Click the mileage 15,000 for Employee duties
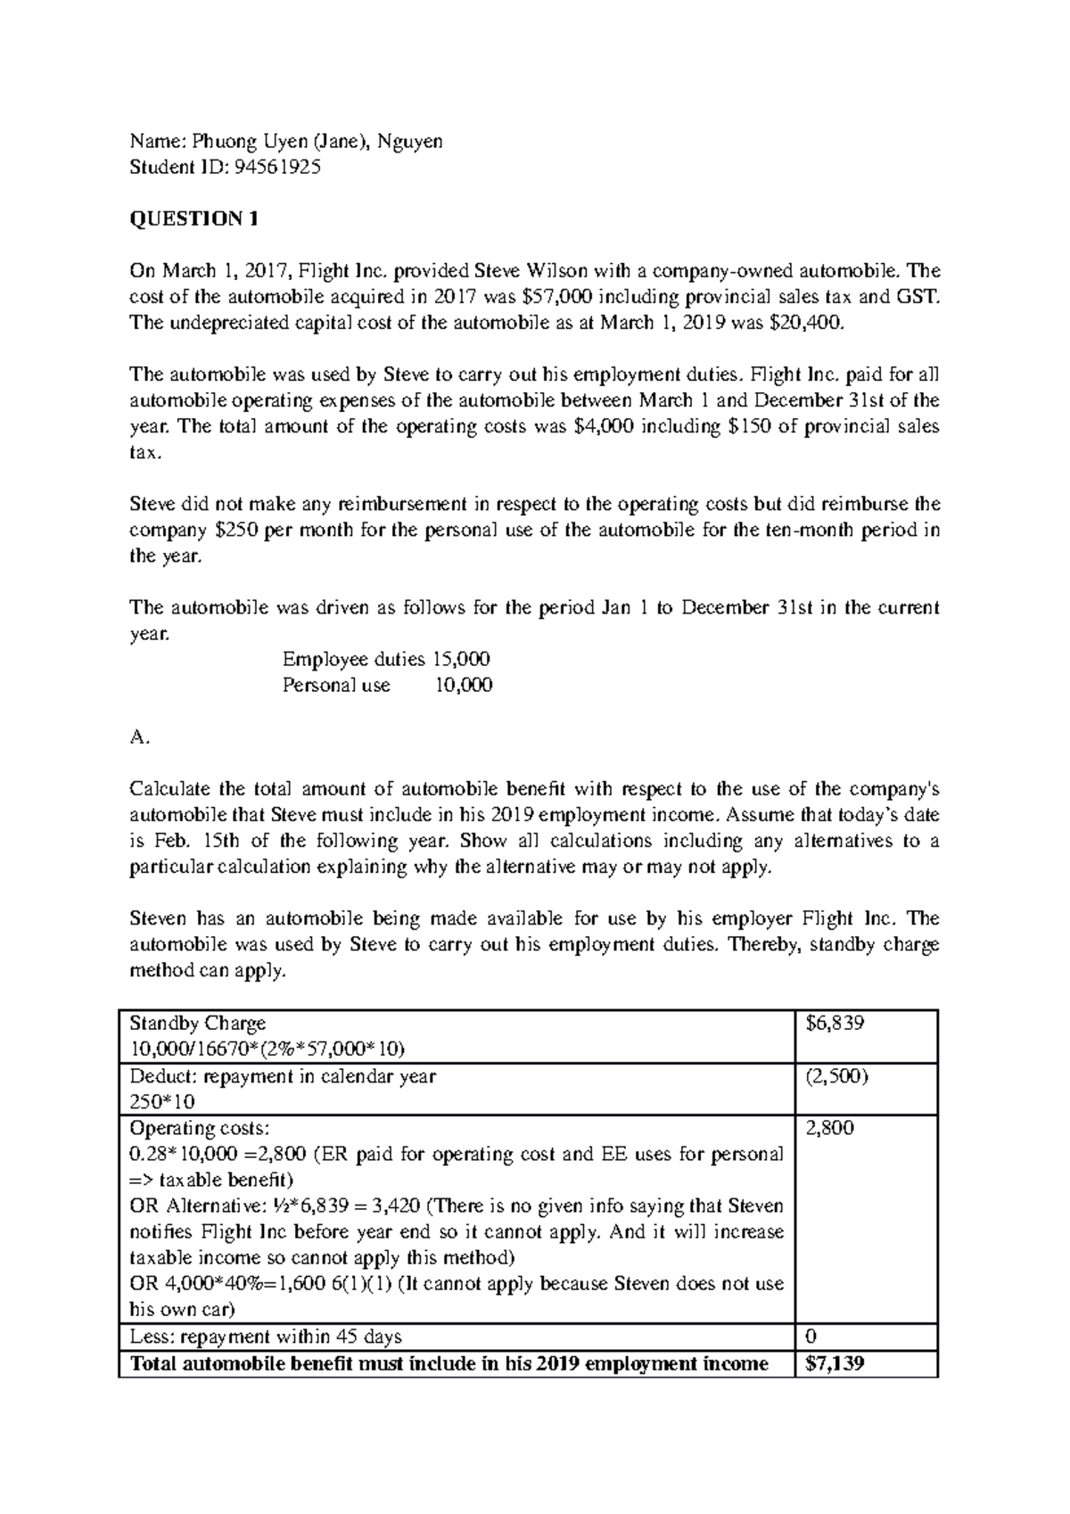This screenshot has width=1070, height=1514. pos(460,660)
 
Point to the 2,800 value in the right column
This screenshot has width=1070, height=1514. pos(829,1128)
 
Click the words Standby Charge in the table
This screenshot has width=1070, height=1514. pos(198,1024)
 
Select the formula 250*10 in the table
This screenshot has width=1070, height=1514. pos(162,1102)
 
